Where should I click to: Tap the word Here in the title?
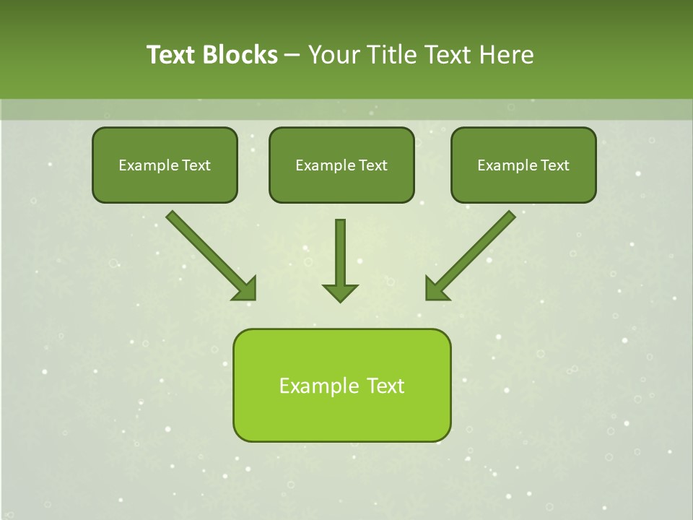tap(506, 55)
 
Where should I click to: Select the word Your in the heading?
tap(334, 55)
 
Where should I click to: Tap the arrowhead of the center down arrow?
tap(340, 292)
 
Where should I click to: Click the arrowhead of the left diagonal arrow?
tap(246, 290)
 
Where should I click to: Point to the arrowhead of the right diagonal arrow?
tap(435, 290)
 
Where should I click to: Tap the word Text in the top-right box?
tap(554, 165)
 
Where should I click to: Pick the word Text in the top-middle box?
tap(372, 165)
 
